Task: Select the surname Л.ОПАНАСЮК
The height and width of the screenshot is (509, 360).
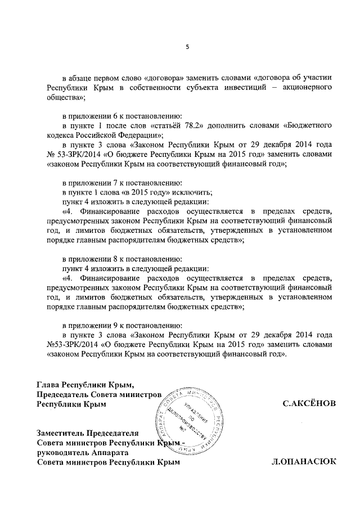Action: [304, 462]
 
